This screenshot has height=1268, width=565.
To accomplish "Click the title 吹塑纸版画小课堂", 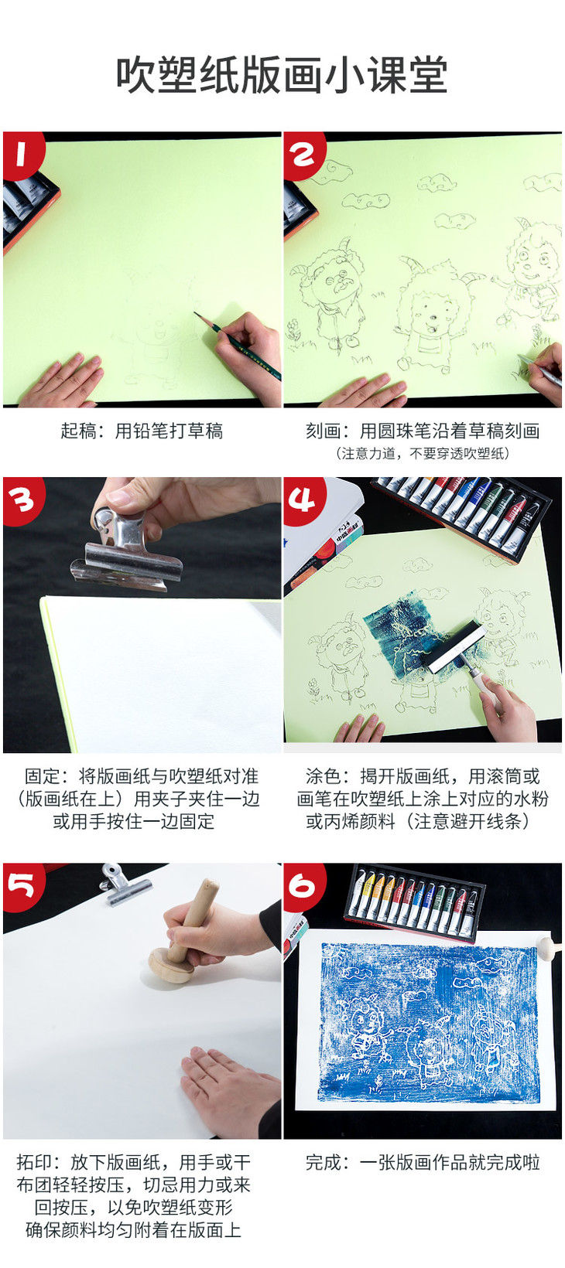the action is coord(282,75).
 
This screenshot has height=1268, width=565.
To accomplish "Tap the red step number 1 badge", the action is coord(22,153).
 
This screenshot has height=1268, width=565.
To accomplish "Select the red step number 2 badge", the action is coord(303,154).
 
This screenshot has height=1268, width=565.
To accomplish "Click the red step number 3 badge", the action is coord(22,500).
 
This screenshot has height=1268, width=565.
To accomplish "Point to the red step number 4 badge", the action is coord(303,499).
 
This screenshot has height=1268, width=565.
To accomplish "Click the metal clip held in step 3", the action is coord(125,553).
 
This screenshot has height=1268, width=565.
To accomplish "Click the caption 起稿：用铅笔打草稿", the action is coord(142,431).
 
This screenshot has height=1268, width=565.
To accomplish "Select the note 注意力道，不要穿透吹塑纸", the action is coord(422,453).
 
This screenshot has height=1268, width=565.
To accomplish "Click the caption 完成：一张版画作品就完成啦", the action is coord(422,1162).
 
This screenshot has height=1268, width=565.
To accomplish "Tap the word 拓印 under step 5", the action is coord(33,1162).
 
